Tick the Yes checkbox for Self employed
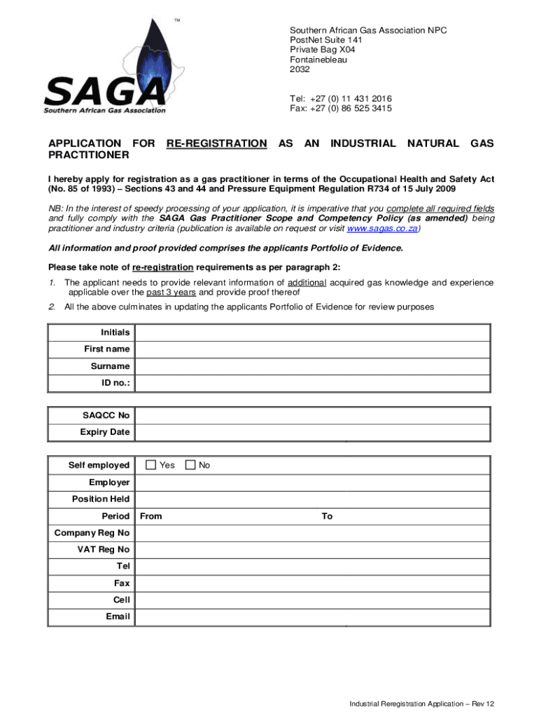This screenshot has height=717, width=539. tap(150, 465)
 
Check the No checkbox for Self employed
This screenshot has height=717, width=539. tap(190, 465)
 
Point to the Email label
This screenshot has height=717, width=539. tap(118, 617)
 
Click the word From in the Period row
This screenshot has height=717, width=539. tap(151, 517)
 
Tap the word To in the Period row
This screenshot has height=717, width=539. tap(327, 517)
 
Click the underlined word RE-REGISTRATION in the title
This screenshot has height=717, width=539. tap(216, 144)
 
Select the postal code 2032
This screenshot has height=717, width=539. tap(300, 69)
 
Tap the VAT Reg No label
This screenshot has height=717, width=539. tap(103, 550)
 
